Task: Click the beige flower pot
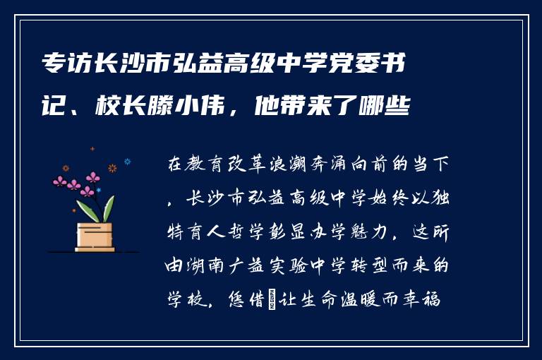[95, 236]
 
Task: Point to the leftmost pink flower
[59, 181]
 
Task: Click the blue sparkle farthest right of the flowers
[128, 162]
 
